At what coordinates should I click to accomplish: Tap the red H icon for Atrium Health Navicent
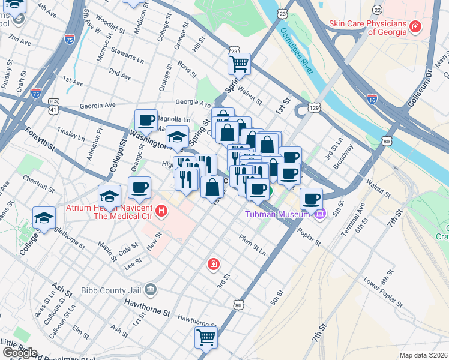[x=161, y=211]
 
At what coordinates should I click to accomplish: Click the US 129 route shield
[x=313, y=108]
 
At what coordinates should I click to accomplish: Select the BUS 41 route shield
[x=53, y=106]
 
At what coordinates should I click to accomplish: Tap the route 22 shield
[x=377, y=10]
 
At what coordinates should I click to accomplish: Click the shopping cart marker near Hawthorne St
[x=206, y=337]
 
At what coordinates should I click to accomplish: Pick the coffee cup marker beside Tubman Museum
[x=311, y=199]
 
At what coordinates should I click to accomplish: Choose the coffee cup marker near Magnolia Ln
[x=146, y=120]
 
